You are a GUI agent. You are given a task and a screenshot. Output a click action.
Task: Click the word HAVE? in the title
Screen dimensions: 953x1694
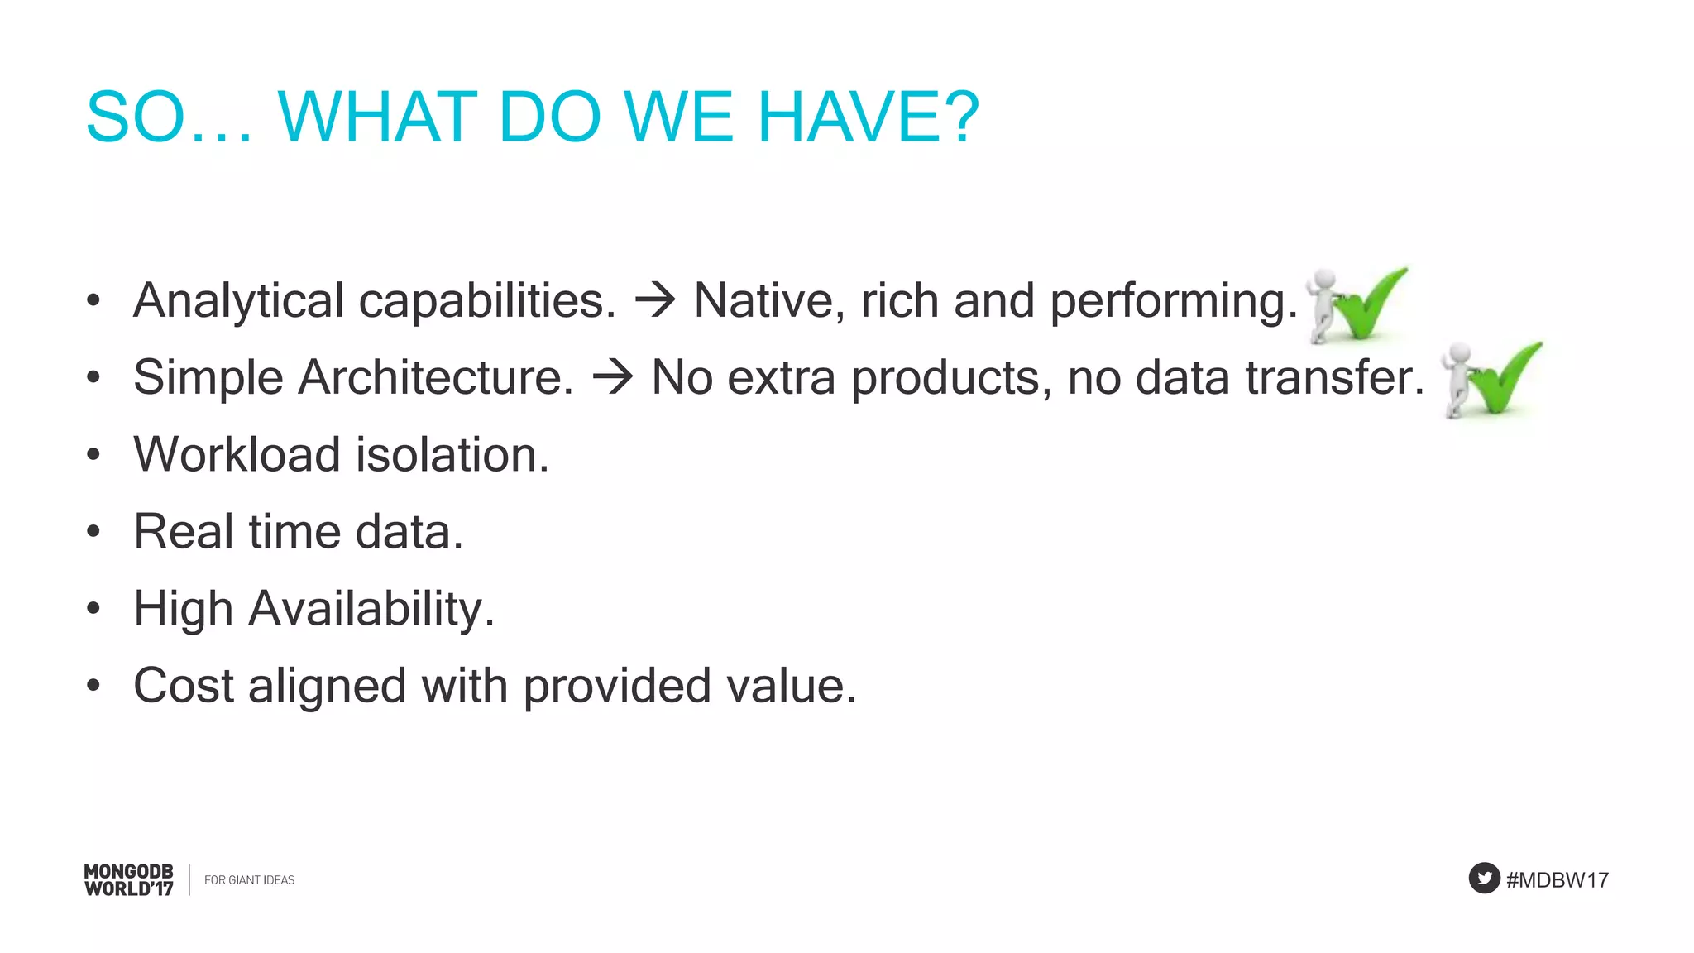point(868,117)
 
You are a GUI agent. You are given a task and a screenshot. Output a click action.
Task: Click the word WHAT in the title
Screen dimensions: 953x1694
point(377,117)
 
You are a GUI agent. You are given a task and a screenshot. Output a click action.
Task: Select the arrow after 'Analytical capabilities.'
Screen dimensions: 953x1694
point(655,300)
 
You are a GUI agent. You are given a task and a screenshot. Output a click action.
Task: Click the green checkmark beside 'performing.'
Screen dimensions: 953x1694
point(1369,303)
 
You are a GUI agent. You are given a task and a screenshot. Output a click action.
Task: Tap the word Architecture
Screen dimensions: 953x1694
point(435,378)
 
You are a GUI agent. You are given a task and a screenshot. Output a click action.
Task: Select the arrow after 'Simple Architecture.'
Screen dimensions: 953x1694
point(613,378)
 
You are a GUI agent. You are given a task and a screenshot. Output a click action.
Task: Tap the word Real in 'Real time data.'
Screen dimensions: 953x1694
point(183,532)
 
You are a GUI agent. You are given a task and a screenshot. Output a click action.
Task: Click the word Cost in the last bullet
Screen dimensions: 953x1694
point(183,686)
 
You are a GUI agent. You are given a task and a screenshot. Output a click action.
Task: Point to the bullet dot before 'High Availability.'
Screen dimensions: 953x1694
point(93,609)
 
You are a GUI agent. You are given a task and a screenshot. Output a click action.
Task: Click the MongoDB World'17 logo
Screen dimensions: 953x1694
point(129,880)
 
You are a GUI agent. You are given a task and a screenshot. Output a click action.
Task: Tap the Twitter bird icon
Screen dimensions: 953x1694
point(1484,879)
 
